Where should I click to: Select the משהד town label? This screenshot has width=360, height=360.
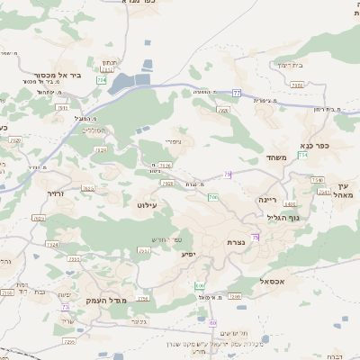276,157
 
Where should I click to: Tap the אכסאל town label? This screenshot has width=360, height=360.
270,281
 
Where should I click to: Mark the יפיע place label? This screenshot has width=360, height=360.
188,255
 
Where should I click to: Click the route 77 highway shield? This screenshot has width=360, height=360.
236,93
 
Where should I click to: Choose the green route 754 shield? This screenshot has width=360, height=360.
303,155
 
